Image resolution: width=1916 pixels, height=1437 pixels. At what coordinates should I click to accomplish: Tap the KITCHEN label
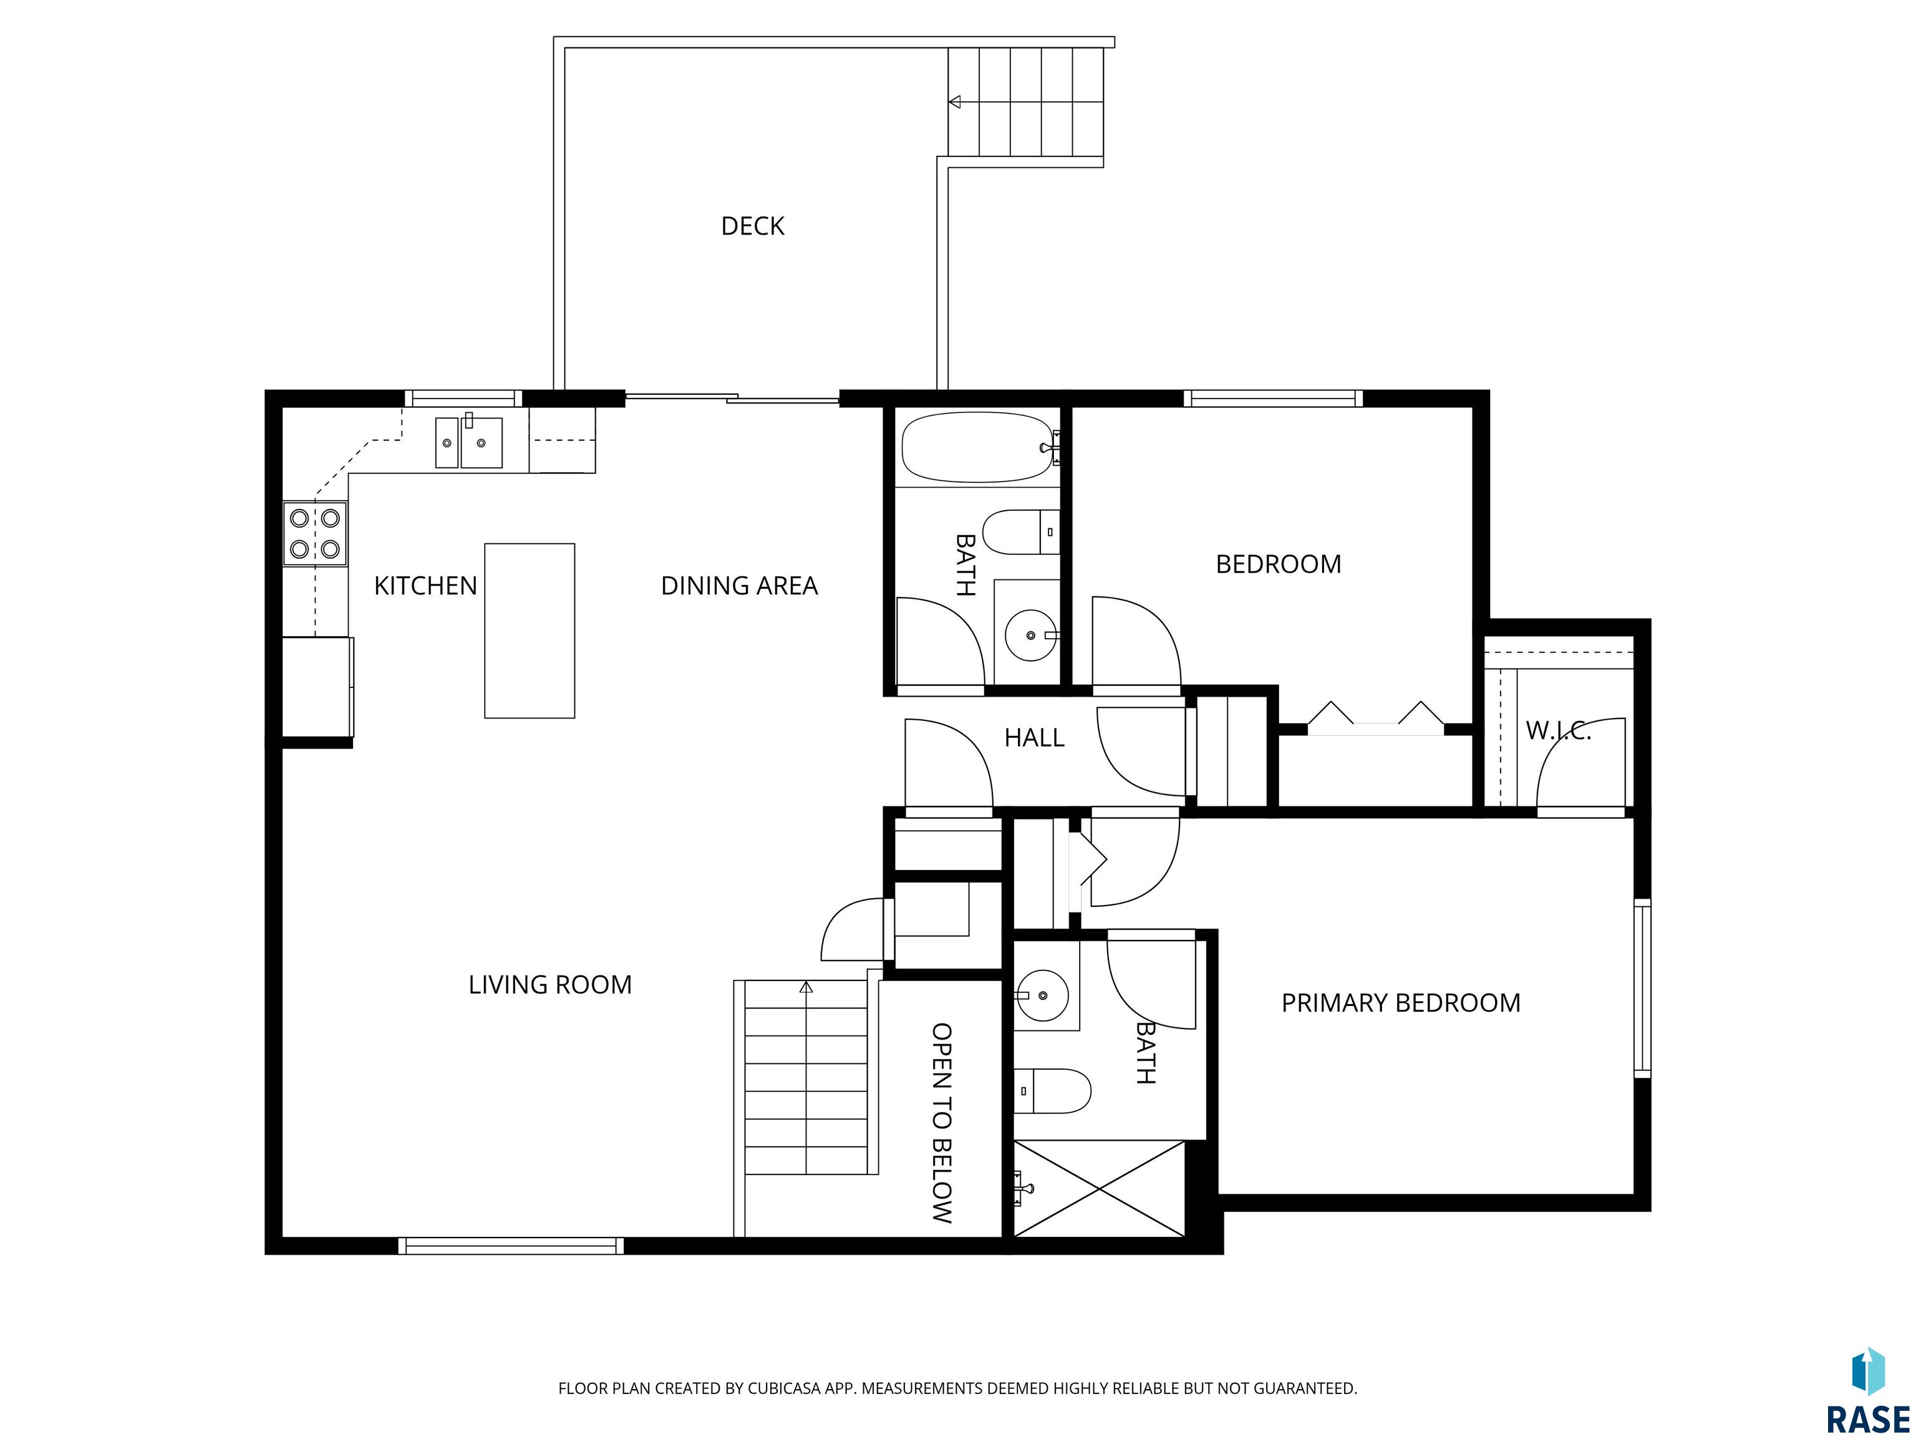[425, 586]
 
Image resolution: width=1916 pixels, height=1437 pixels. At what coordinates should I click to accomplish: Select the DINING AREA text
[739, 586]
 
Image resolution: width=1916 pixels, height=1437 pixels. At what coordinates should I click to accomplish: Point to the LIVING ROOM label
[550, 985]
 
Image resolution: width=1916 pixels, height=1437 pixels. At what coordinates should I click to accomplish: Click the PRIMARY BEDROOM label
[1401, 1003]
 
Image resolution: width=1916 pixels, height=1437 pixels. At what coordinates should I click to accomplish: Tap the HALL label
[1034, 738]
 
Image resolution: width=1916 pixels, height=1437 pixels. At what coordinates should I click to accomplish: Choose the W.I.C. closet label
[1558, 731]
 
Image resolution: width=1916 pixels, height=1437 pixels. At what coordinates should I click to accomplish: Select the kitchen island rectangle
[530, 631]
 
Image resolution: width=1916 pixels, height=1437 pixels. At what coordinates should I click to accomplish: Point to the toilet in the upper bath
[1021, 532]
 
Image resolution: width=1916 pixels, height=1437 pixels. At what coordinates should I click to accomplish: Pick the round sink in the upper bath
[1031, 635]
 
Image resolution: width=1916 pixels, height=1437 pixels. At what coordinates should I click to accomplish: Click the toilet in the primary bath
[1052, 1091]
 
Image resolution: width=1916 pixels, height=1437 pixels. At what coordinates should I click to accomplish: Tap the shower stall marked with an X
[1098, 1188]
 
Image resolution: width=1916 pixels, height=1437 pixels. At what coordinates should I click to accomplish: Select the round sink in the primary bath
[1042, 995]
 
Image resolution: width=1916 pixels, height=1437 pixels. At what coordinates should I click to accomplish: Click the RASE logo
[1867, 1392]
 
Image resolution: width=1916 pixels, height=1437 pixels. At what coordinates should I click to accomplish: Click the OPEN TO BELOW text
[942, 1123]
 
